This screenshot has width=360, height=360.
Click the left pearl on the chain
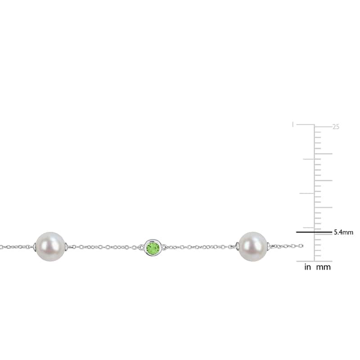(50, 247)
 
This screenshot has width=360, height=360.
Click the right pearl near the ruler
(253, 247)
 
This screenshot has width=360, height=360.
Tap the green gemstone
(153, 248)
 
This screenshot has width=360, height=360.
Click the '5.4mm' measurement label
(343, 232)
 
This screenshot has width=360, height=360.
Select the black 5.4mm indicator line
(314, 232)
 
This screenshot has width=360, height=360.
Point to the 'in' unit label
(308, 267)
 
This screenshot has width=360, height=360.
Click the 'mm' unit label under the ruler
(324, 267)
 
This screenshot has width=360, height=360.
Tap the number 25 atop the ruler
(336, 127)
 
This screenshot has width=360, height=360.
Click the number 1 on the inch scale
(292, 125)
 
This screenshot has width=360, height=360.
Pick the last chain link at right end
(301, 246)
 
